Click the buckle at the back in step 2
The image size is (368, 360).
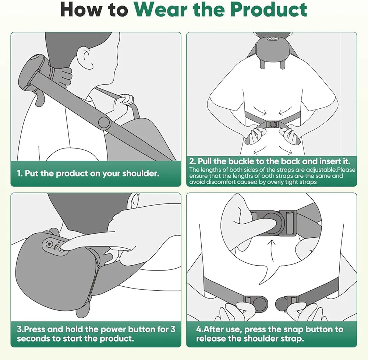coord(272,124)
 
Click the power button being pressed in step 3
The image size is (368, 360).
coord(62,249)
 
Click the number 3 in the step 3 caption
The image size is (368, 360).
coord(173,329)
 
